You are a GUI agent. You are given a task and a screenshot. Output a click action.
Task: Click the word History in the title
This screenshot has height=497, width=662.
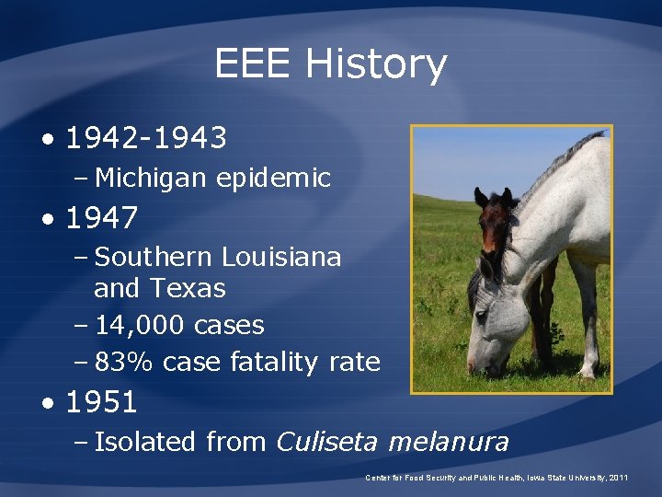coord(376,64)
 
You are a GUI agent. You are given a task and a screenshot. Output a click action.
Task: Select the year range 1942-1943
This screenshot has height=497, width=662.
coord(146,138)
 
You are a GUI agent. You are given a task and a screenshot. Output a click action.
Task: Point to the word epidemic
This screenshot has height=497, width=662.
coord(273,177)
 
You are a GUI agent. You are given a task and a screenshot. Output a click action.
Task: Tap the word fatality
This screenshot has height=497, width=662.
coord(275,363)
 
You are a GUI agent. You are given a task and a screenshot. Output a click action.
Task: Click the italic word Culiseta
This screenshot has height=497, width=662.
coord(327,442)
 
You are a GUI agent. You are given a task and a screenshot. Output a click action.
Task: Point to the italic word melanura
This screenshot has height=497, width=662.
coord(448,442)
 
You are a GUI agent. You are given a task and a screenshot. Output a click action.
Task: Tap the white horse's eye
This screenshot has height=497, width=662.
coord(480,318)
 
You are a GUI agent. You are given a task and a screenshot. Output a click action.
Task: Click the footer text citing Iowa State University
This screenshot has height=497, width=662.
coord(496,478)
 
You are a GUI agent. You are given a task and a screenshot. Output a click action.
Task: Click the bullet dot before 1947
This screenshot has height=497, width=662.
coord(47,220)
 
